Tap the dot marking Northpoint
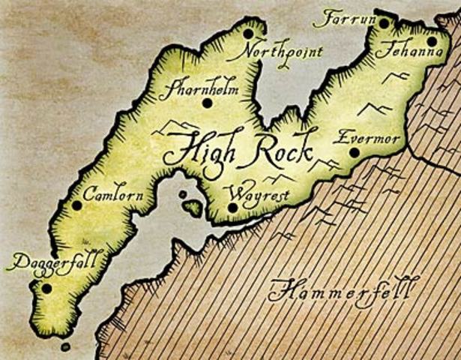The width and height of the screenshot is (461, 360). (248, 34)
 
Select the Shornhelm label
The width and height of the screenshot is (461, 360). (199, 88)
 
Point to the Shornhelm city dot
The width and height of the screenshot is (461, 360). (208, 103)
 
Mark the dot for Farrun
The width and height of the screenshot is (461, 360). (384, 24)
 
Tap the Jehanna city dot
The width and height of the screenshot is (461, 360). (432, 41)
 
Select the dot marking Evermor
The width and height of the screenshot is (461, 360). (354, 152)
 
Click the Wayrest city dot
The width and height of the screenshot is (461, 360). (232, 208)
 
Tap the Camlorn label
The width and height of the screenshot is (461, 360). (112, 193)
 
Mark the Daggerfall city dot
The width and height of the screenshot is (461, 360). (46, 288)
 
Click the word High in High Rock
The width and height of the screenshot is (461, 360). (197, 149)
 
